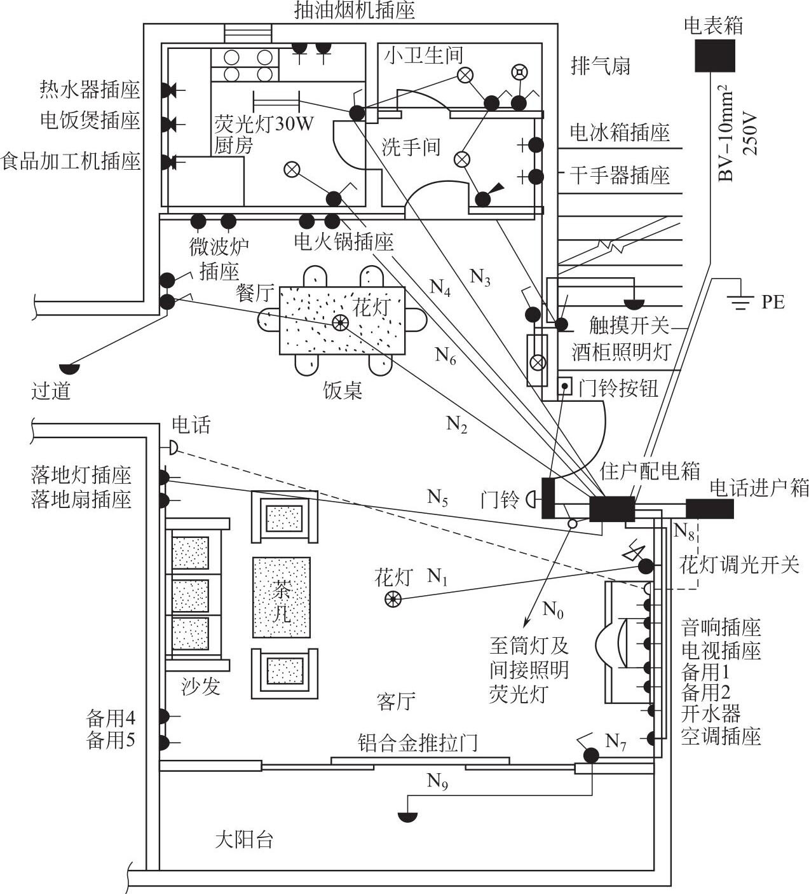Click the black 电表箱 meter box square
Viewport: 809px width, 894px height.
[714, 56]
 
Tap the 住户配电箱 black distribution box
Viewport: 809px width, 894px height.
[612, 509]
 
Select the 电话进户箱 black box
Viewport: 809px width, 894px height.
[709, 509]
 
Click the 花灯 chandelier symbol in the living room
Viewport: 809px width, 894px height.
[393, 598]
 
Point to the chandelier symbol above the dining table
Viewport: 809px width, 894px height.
[340, 322]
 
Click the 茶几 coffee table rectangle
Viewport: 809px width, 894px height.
[282, 598]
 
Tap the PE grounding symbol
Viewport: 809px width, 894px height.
[740, 301]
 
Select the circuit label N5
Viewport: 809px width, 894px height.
[437, 497]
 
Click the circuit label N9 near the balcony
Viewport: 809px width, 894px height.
[437, 780]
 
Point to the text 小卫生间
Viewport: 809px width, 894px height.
[423, 55]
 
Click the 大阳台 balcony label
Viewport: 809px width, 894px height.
[244, 840]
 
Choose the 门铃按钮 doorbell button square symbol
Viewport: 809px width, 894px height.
[564, 386]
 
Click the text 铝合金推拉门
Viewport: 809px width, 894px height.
[417, 742]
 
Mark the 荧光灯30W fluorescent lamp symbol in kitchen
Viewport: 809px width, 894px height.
[276, 100]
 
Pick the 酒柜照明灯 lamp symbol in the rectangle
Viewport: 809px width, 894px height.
[538, 362]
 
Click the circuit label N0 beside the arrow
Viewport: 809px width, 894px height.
[553, 611]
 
